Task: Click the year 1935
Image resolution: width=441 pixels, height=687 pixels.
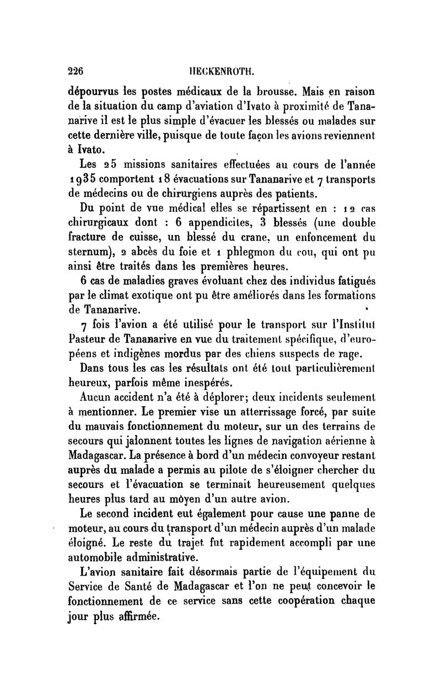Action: (81, 180)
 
